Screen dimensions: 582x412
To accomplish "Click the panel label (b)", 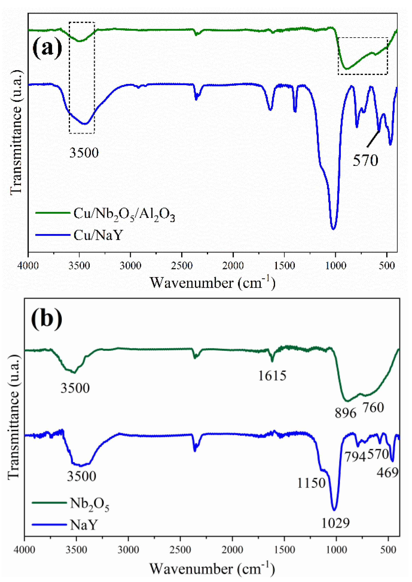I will (47, 318).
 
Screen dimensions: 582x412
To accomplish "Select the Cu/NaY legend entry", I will (98, 235).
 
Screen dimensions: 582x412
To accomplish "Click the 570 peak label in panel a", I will (365, 161).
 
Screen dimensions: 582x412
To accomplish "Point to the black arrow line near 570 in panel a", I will (373, 139).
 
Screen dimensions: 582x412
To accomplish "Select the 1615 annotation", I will (272, 376).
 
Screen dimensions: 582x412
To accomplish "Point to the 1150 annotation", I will (311, 483).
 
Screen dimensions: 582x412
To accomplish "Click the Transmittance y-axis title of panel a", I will (16, 132).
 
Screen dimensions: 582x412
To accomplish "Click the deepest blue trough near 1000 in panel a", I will (333, 229).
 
